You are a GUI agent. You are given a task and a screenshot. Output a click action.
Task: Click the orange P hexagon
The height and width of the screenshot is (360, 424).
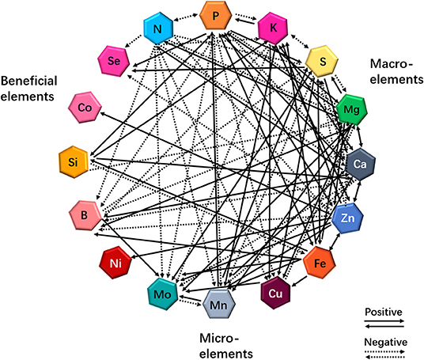(x=215, y=16)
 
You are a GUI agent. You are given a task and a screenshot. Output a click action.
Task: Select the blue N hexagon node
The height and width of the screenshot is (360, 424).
(x=158, y=28)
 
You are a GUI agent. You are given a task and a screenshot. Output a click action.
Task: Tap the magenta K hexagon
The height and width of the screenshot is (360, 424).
(x=273, y=28)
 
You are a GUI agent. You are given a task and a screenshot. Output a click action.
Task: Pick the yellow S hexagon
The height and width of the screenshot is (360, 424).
(x=322, y=62)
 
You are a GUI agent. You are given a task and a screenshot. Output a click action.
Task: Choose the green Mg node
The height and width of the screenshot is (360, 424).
(x=351, y=109)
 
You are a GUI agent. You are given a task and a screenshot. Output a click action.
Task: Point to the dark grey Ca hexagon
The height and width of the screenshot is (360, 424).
(x=361, y=165)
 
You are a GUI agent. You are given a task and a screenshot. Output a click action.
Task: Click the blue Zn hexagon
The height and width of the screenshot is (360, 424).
(x=347, y=218)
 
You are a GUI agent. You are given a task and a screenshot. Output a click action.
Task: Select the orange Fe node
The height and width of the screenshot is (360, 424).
(x=320, y=263)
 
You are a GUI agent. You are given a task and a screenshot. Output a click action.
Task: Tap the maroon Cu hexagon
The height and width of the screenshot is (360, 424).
(x=275, y=293)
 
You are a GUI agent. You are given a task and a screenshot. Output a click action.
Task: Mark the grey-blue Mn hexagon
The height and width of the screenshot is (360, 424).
(x=219, y=305)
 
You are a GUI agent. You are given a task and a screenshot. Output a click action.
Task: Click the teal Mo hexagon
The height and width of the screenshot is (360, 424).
(x=163, y=294)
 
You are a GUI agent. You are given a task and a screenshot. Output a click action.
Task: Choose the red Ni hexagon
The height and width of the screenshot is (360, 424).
(x=115, y=263)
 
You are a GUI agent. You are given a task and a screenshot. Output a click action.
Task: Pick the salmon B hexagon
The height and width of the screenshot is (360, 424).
(x=85, y=215)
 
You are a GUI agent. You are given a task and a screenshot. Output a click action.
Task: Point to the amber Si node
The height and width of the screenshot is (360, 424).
(x=74, y=161)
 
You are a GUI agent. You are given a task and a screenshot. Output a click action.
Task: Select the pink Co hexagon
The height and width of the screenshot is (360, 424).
(x=85, y=108)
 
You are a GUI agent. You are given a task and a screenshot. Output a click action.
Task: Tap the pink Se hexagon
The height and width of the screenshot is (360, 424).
(x=114, y=61)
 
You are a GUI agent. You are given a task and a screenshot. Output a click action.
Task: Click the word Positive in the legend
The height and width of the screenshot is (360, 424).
(x=384, y=312)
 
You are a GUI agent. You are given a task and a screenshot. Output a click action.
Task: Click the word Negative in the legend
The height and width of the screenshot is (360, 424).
(x=385, y=342)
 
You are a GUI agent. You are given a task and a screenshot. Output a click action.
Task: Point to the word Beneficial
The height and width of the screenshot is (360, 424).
(x=29, y=81)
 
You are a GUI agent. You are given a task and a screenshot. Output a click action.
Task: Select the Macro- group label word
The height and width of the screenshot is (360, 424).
(x=392, y=64)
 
